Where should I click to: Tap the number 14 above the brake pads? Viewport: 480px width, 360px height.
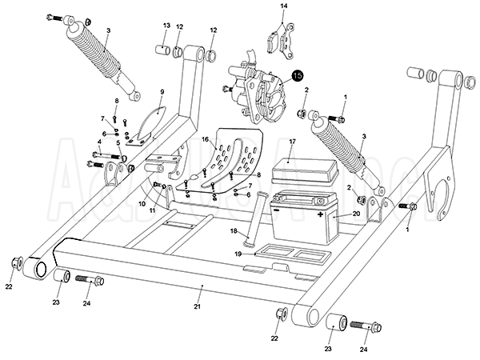(282, 6)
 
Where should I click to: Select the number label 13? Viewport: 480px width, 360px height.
(166, 26)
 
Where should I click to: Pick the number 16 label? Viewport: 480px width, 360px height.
(206, 139)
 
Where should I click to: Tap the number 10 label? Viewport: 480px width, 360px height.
(142, 203)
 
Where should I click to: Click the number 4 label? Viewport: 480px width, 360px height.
(100, 142)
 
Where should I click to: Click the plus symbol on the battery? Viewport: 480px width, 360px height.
(321, 216)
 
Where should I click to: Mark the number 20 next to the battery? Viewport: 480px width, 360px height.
(356, 214)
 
